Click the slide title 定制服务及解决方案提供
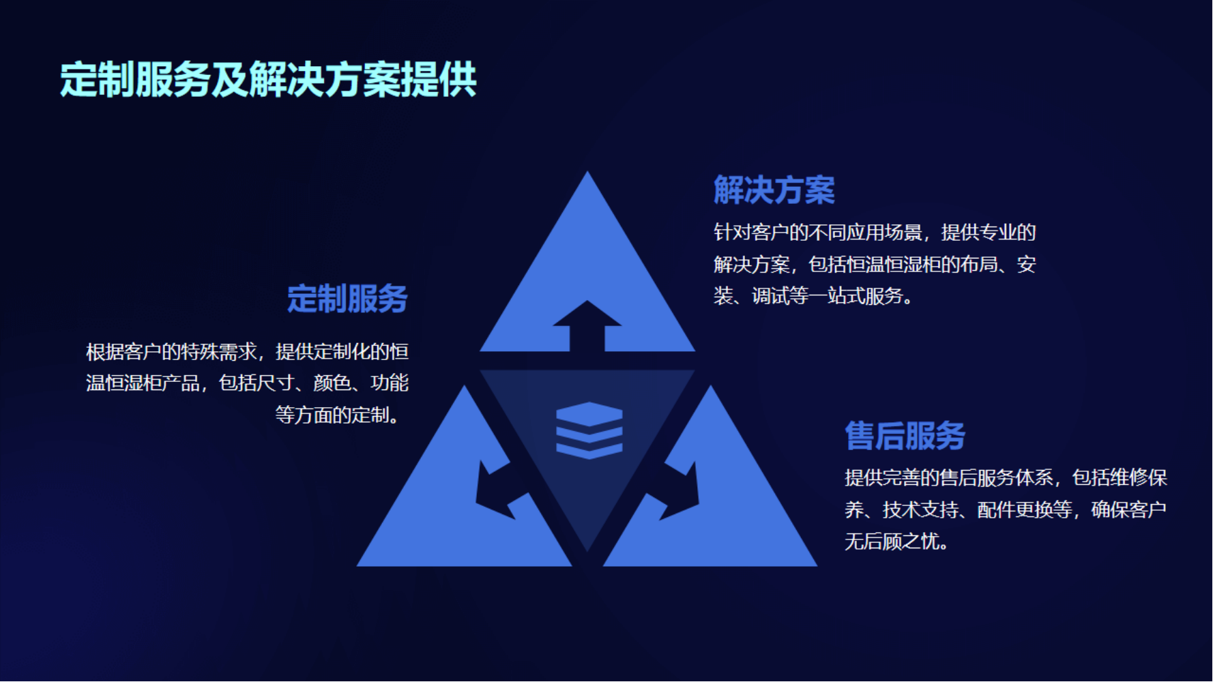pos(268,80)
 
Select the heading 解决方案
pos(774,190)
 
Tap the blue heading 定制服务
pos(347,299)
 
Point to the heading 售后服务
pos(905,436)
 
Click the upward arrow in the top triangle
pos(587,326)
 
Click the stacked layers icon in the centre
pos(589,430)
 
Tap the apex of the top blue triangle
pos(587,172)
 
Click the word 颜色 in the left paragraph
pos(332,383)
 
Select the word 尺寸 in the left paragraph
pos(276,383)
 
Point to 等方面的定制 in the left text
pos(332,415)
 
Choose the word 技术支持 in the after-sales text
pos(921,510)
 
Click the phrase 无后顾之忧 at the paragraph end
pos(892,542)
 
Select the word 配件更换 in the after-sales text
pos(1015,510)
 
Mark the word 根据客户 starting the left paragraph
pos(124,352)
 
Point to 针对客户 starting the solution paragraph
pos(752,233)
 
